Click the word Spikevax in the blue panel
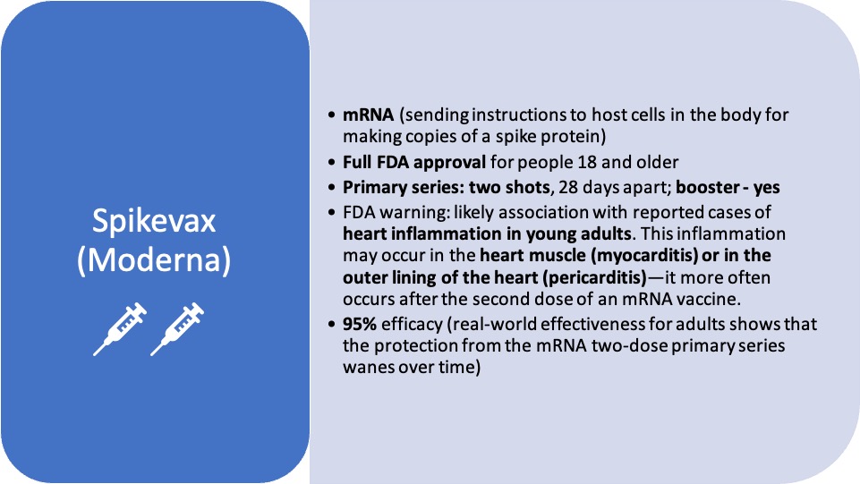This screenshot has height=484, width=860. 154,222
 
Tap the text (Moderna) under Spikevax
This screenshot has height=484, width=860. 154,259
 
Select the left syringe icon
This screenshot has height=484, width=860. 120,329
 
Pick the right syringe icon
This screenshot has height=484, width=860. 177,329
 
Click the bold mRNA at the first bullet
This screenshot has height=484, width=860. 368,115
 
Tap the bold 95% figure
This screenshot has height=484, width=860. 360,324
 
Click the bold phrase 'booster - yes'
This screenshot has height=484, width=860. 728,188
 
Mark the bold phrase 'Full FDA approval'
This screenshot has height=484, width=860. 414,162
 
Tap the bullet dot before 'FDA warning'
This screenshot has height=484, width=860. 331,213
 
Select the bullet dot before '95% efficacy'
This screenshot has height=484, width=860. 331,325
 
